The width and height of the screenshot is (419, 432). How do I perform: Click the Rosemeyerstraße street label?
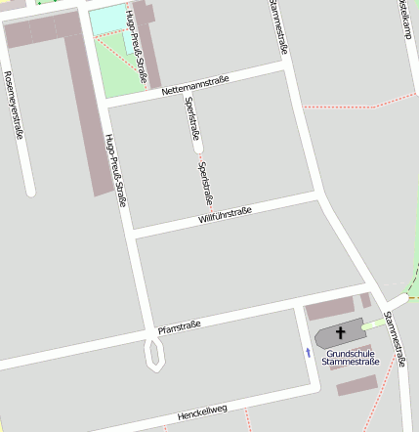14,106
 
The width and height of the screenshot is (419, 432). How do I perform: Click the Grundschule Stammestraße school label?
352,358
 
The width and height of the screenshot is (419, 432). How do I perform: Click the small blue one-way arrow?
310,352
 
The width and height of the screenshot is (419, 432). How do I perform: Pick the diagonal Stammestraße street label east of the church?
395,338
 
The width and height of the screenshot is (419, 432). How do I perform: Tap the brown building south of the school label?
356,385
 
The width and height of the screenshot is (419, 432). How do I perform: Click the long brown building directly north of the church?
333,311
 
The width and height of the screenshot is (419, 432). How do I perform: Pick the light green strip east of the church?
374,324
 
